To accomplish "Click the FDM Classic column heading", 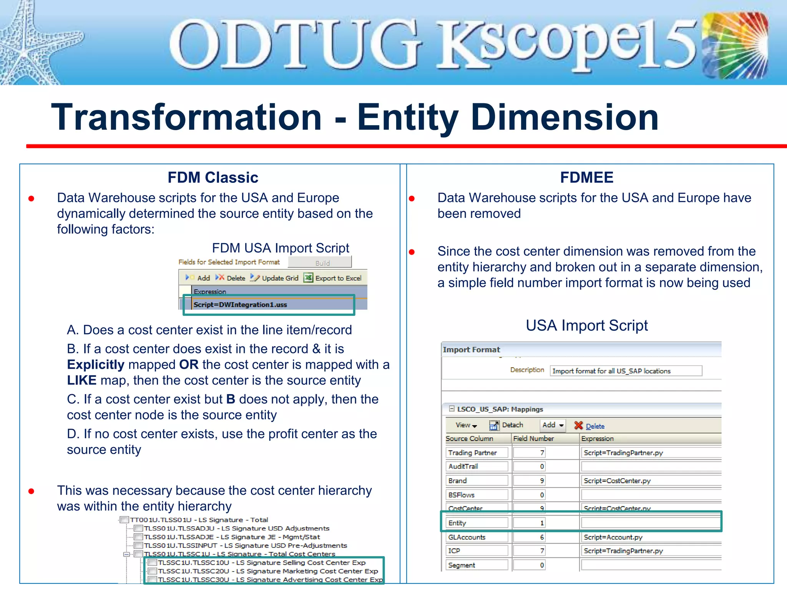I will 213,177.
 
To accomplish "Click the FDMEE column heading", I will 586,177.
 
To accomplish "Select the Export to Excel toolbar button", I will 333,278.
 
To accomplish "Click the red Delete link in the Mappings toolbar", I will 590,426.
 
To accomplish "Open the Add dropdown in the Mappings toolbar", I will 553,425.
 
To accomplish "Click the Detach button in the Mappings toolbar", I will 506,425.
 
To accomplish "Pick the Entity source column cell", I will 477,523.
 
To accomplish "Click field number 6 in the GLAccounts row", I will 529,537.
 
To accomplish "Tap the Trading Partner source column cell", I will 477,452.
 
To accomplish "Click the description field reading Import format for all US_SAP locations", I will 626,371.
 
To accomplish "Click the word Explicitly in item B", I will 96,365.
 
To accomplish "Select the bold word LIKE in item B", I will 81,380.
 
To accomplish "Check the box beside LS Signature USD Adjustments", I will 139,529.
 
